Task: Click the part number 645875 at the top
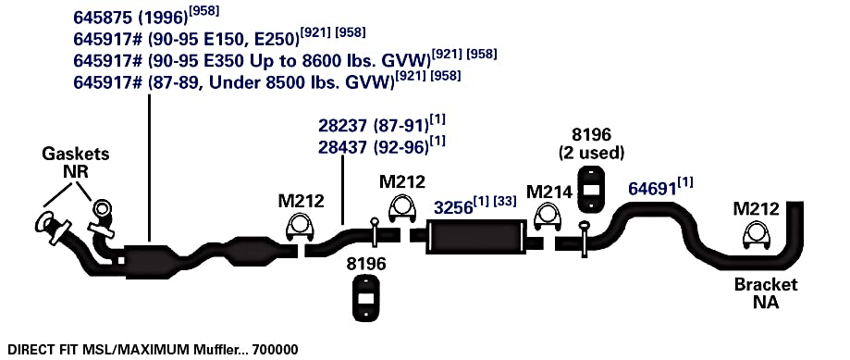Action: (x=103, y=18)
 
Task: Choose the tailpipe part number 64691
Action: (x=652, y=189)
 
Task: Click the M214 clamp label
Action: (x=549, y=192)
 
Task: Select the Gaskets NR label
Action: (x=75, y=163)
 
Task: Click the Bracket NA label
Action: (x=766, y=292)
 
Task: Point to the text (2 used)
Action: (x=591, y=153)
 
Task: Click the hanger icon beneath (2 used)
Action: (x=591, y=189)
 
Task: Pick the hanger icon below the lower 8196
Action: (x=366, y=298)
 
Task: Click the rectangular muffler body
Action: (x=476, y=237)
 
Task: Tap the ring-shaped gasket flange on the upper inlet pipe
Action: (x=102, y=208)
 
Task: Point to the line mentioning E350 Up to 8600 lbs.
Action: (x=285, y=59)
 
